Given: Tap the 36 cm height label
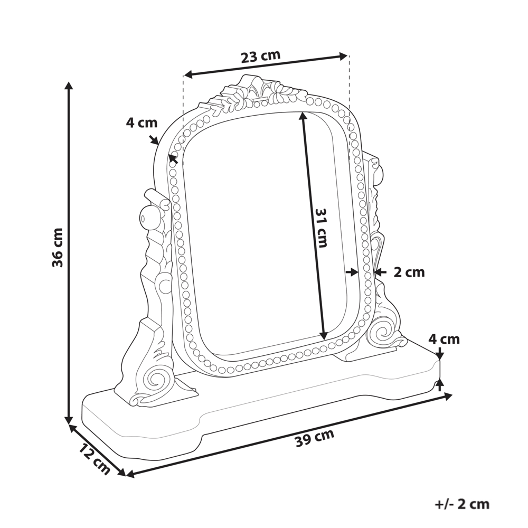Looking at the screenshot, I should [58, 247].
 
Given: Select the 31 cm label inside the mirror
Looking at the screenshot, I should [320, 228].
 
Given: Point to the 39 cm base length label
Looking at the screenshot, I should [315, 438].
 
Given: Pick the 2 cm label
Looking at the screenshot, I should [409, 272].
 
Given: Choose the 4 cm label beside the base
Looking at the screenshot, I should [444, 339].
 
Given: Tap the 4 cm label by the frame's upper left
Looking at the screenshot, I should [142, 122].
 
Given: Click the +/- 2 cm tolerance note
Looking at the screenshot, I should [462, 504].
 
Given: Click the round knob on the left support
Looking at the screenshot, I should [148, 217].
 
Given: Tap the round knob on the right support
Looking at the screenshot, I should [376, 172].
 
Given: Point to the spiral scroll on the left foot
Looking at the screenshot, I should [156, 378].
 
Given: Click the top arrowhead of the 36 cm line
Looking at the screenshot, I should [69, 86].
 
